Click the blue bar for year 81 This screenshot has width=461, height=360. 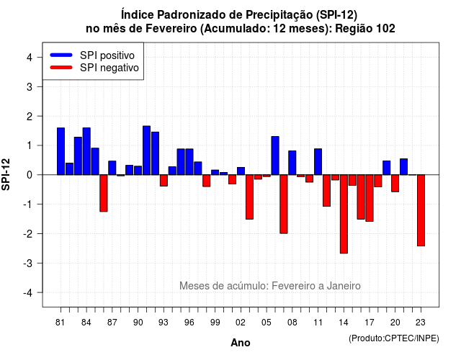pos(61,151)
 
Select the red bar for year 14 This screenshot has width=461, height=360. pos(344,214)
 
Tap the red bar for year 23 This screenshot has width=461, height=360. pos(421,210)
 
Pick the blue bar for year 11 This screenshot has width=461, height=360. pos(318,161)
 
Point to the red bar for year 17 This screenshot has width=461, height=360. pos(370,198)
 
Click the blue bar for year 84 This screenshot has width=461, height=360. pos(86,151)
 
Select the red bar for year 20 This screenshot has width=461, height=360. pos(395,183)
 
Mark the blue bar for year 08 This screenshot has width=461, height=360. pos(292,163)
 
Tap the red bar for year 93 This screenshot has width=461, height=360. pos(164,180)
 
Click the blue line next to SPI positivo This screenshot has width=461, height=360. pos(61,55)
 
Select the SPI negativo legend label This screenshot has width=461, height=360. pos(109,68)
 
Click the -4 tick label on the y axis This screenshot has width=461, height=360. pos(28,293)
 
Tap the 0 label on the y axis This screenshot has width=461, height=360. pos(30,175)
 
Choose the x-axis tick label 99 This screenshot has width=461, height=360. pos(215,323)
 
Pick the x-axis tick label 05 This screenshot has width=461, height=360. pos(267,323)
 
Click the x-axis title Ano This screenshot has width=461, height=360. pos(241,343)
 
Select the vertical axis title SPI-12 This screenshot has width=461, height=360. pos(6,174)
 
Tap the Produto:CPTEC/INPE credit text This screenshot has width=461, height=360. pos(394,338)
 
